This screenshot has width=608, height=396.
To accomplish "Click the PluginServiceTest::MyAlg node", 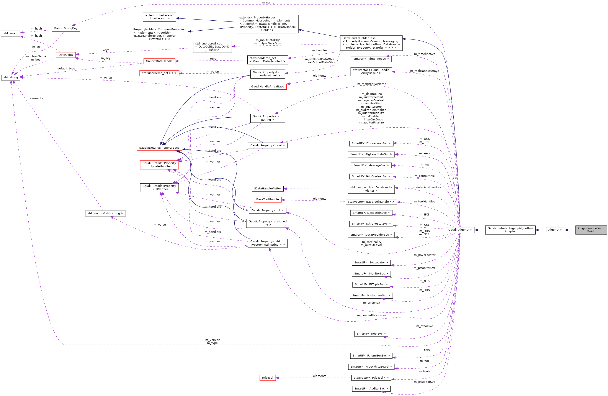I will click(591, 230).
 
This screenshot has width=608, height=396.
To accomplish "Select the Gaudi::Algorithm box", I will click(460, 230).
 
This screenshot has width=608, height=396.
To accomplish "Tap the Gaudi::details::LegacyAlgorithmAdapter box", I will click(510, 230).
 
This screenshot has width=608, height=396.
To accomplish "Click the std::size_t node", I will click(11, 33).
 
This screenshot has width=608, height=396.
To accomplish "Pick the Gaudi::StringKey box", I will click(66, 28).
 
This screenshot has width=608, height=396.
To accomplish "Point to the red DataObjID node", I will click(66, 55).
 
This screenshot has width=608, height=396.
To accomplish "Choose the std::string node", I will click(11, 77).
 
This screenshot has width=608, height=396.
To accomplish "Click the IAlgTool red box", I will click(268, 378).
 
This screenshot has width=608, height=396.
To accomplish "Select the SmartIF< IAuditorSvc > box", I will click(371, 389).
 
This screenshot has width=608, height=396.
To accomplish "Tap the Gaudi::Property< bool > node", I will click(268, 145).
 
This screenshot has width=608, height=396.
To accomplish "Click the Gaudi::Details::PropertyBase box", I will click(159, 148).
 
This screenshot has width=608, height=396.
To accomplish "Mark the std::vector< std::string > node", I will click(105, 213).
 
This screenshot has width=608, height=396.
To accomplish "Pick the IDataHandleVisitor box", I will click(268, 188).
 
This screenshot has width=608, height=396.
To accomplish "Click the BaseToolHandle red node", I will click(268, 199).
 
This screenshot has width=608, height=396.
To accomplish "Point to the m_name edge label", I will click(268, 3).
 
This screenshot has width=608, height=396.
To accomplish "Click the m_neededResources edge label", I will click(371, 315).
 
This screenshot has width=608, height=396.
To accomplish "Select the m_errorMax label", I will click(371, 303).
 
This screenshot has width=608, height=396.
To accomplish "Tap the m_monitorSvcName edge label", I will click(371, 84).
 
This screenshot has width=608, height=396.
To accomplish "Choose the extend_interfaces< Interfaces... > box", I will click(159, 17).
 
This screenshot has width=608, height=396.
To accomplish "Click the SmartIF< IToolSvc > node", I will click(371, 334).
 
